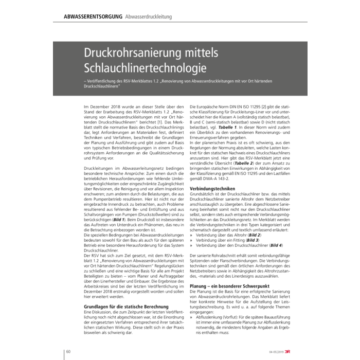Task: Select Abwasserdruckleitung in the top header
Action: pyautogui.click(x=150, y=19)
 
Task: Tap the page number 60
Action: pyautogui.click(x=68, y=352)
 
